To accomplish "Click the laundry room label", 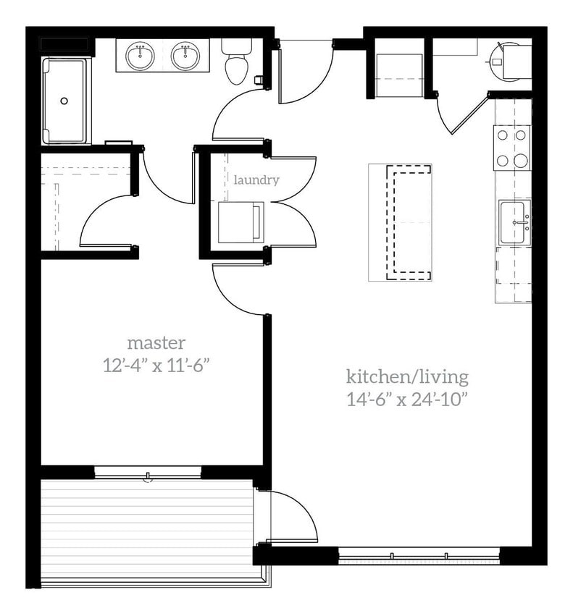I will pos(256,180).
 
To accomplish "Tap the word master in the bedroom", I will pos(156,342).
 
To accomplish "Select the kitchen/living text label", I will pos(406,377).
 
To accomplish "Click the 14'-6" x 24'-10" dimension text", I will pos(407,399).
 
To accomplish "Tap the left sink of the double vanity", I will pos(140,55).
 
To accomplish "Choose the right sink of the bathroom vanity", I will pos(185,55).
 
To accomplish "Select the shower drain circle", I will pos(64,101).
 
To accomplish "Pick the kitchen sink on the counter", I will pos(514,222).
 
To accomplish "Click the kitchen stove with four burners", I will pos(511,147).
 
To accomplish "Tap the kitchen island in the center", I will pos(400,222).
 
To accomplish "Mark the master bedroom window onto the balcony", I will pos(148,472).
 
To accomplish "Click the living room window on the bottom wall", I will pos(419,556).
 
